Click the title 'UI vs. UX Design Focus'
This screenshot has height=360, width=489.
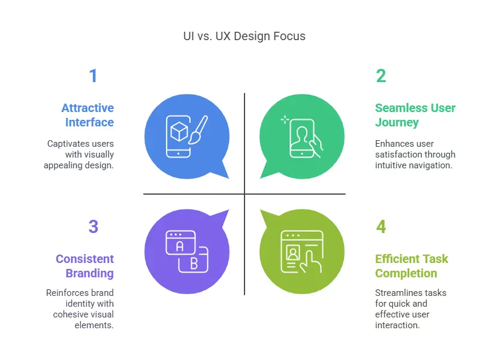244,36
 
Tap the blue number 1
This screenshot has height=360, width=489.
93,75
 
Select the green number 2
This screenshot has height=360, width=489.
381,75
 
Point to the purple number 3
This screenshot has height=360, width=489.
93,226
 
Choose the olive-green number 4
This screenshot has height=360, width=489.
381,226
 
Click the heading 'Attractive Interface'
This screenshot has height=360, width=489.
87,115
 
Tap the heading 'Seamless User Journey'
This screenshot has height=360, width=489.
415,115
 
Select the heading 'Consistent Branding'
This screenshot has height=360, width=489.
85,266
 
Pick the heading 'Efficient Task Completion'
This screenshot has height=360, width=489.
412,266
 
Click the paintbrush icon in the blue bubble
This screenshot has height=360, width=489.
198,131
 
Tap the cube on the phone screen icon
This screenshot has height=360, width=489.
179,132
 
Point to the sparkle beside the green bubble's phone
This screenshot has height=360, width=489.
285,120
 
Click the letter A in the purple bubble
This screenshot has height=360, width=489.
180,247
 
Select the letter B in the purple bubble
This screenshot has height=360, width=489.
194,264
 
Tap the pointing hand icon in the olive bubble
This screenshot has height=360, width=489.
310,262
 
